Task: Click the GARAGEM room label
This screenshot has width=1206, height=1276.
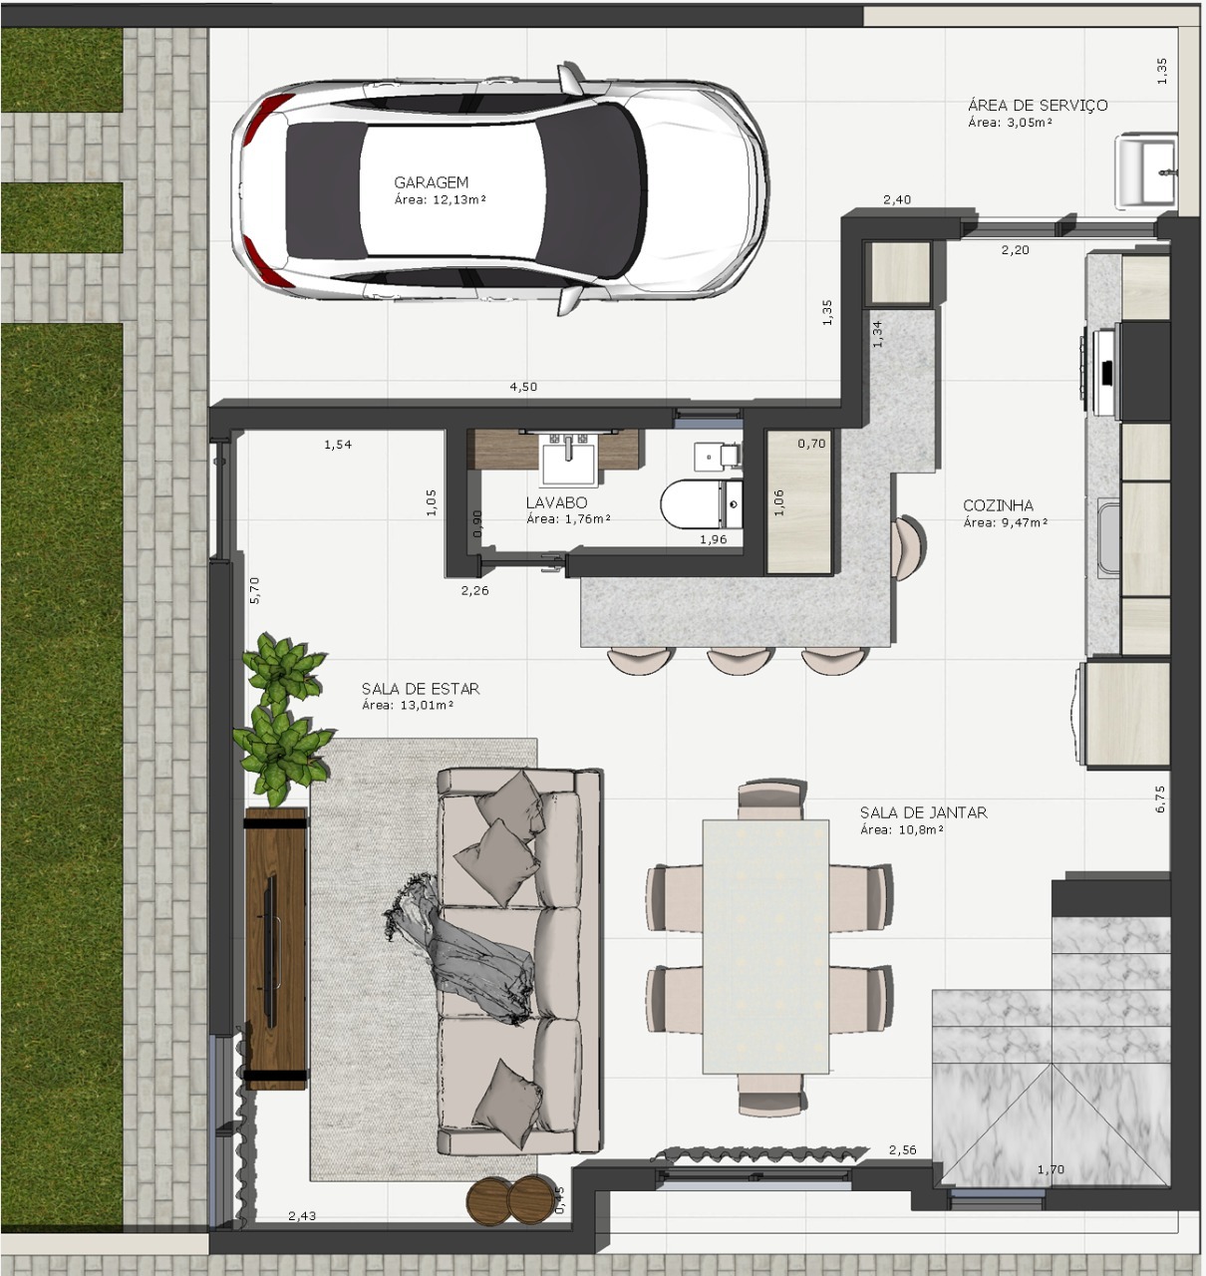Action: coord(431,182)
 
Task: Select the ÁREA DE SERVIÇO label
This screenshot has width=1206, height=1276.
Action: coord(1037,105)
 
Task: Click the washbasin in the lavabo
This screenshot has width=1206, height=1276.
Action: coord(568,460)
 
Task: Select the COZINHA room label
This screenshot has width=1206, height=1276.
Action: coord(998,505)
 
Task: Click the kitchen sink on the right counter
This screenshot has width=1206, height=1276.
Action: coord(1107,538)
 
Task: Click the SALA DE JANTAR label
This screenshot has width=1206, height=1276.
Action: coord(923,812)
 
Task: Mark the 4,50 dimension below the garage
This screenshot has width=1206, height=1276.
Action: coord(523,387)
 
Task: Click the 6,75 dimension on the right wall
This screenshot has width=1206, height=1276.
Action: coord(1159,798)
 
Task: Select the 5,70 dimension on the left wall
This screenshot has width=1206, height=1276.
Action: coord(254,590)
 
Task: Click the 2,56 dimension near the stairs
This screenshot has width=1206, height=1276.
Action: coord(902,1149)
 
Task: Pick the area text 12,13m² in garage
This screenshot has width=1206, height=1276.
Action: coord(440,199)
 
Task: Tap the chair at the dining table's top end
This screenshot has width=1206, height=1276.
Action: coord(768,800)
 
